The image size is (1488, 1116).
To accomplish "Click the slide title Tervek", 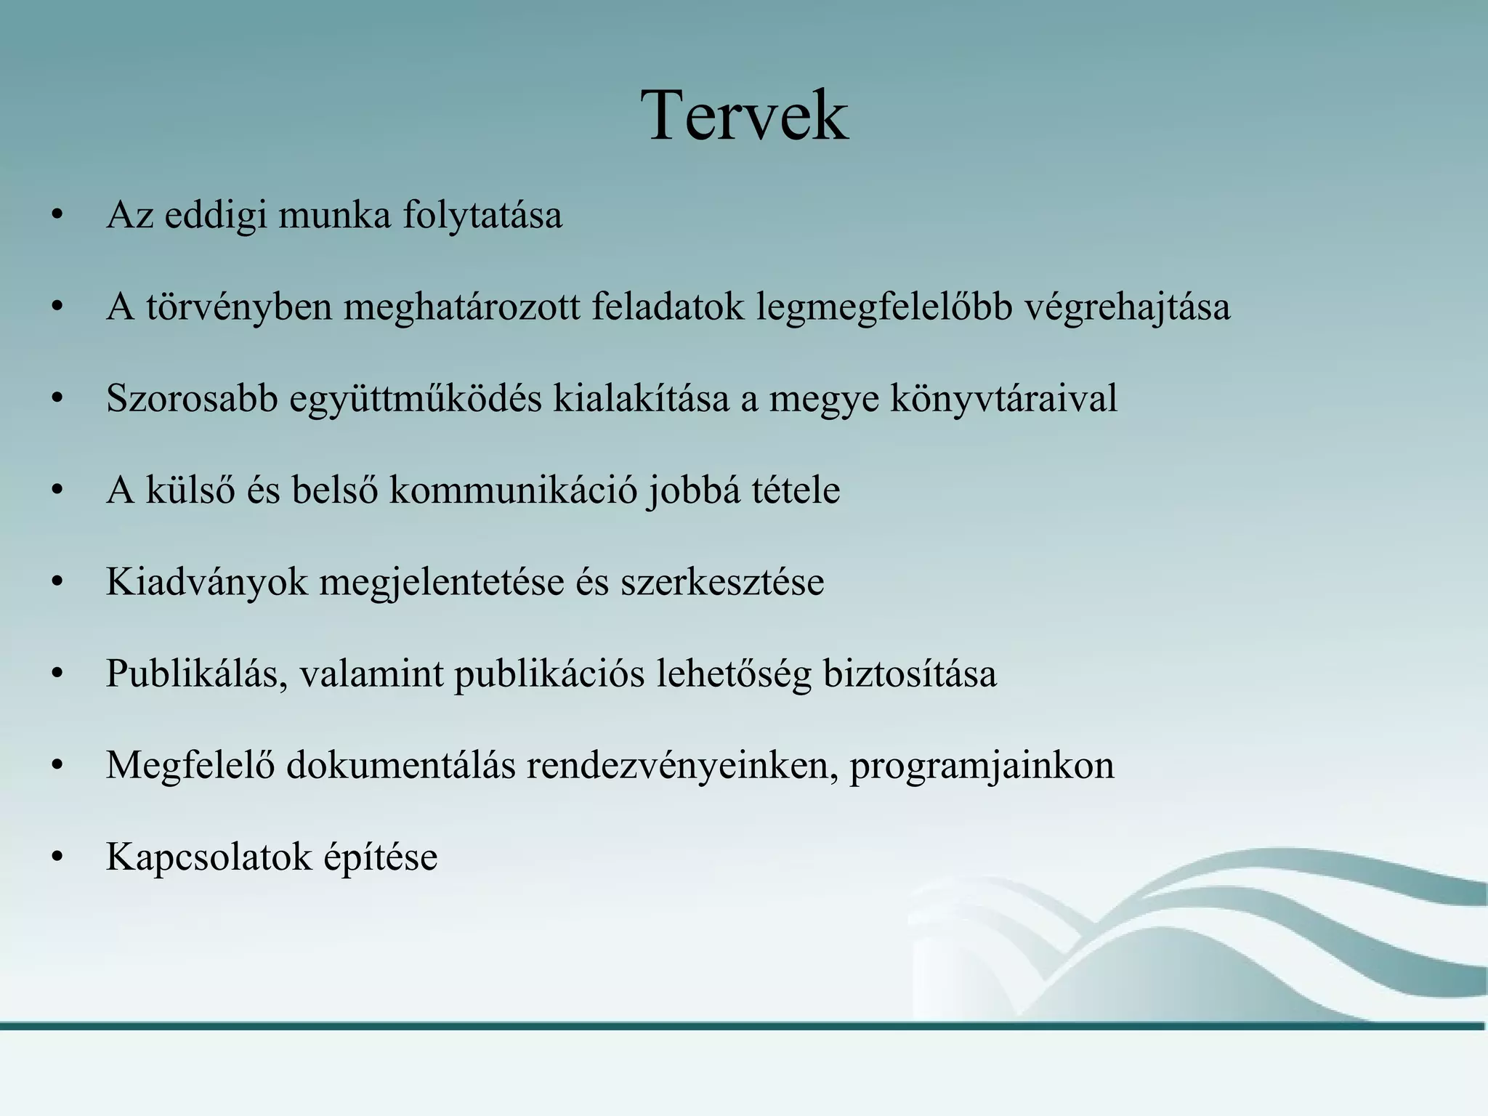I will click(744, 116).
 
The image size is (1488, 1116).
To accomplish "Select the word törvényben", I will click(239, 307).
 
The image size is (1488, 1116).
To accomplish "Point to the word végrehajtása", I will click(1128, 307).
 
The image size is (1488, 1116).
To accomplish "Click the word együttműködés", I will click(416, 399).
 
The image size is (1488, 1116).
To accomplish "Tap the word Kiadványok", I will click(206, 582).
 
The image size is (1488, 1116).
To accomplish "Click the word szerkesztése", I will click(722, 582).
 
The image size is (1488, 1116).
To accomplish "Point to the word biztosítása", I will click(910, 674).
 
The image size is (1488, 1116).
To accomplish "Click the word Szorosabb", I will click(192, 399).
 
